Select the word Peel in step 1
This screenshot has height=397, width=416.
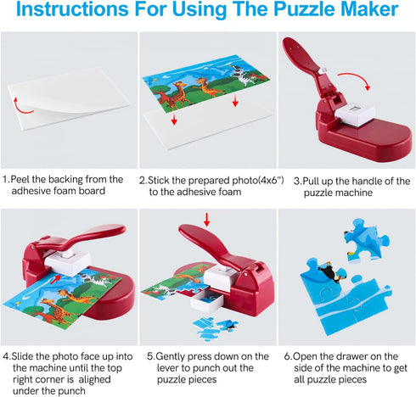pos(27,180)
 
